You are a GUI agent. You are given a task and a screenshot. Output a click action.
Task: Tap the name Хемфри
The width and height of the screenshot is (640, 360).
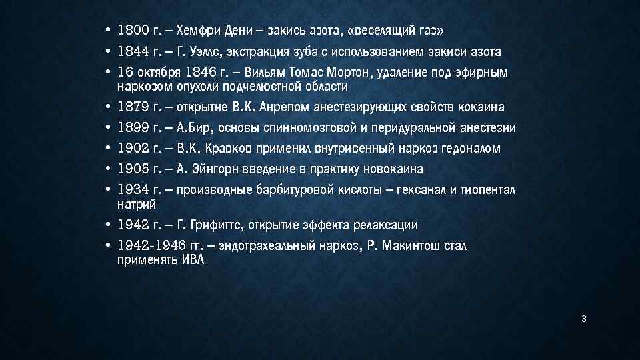click(204, 31)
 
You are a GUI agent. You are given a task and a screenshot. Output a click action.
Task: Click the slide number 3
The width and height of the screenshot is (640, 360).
click(583, 320)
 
